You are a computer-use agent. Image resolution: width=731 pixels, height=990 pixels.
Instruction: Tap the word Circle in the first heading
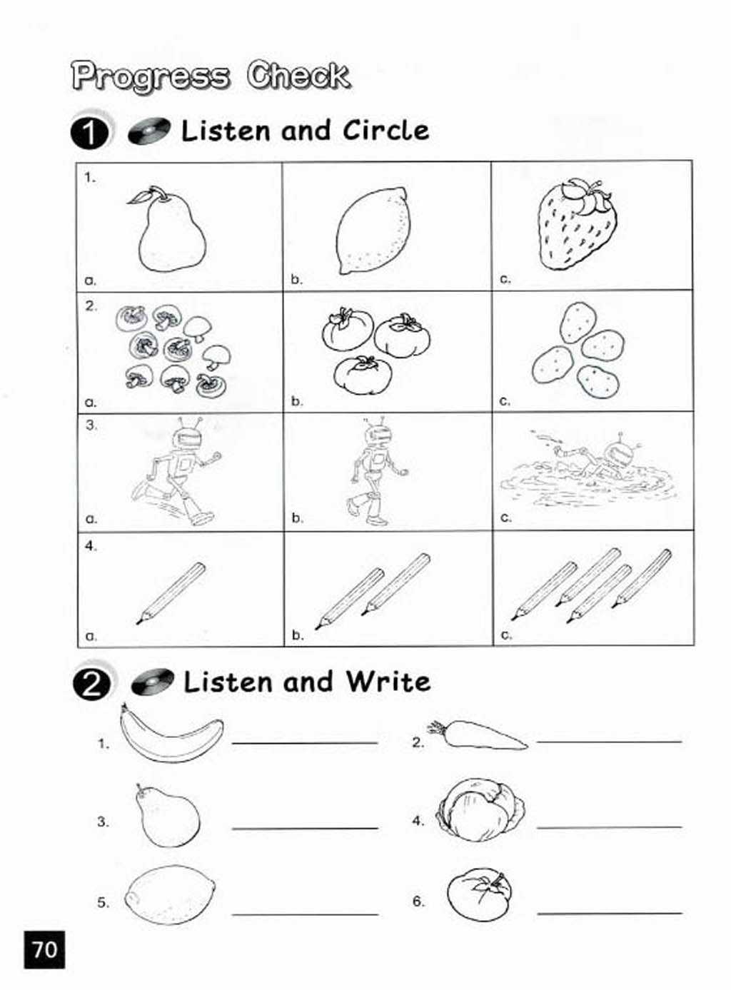pyautogui.click(x=386, y=131)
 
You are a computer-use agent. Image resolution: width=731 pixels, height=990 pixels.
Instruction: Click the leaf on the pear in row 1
pyautogui.click(x=139, y=196)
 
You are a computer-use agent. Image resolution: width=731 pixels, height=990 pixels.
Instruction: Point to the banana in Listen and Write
pyautogui.click(x=171, y=734)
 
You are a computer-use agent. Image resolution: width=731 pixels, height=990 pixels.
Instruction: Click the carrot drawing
pyautogui.click(x=477, y=735)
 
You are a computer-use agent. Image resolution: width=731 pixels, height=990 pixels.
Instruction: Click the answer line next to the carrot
pyautogui.click(x=610, y=742)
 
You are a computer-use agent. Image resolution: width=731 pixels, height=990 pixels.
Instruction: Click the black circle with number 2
pyautogui.click(x=91, y=685)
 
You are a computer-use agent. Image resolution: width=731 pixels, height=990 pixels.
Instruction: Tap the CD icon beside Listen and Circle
pyautogui.click(x=149, y=131)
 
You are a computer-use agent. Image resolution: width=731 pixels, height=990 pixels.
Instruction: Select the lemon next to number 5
pyautogui.click(x=170, y=895)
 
